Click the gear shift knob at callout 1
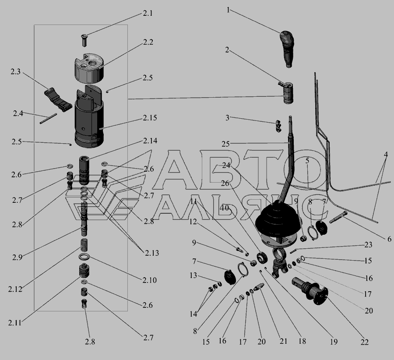point(287,49)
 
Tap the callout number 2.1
point(148,13)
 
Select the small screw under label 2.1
point(84,40)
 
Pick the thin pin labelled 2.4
point(48,118)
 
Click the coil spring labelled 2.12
point(84,244)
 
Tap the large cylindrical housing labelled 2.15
point(89,117)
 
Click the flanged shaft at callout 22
point(310,291)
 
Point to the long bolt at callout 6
point(337,218)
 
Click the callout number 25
point(225,144)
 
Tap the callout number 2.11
point(15,322)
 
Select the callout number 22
point(364,342)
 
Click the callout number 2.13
point(152,253)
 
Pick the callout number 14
point(193,314)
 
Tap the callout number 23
point(368,245)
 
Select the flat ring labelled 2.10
point(84,257)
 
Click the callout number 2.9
point(17,257)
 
